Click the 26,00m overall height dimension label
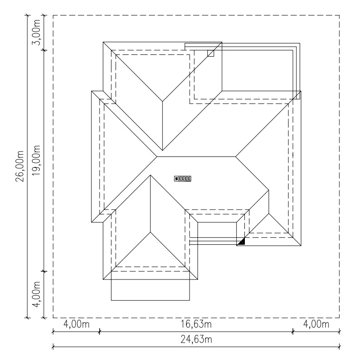click(x=20, y=166)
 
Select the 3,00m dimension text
click(x=36, y=32)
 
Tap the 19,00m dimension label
click(x=36, y=161)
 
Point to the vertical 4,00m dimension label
click(x=36, y=294)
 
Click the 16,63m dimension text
click(x=196, y=324)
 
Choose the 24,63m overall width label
click(x=196, y=339)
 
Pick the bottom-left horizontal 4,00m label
click(x=76, y=324)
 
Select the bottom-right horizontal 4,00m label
click(x=316, y=324)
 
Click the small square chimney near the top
click(x=211, y=54)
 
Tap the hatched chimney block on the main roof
click(x=183, y=178)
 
